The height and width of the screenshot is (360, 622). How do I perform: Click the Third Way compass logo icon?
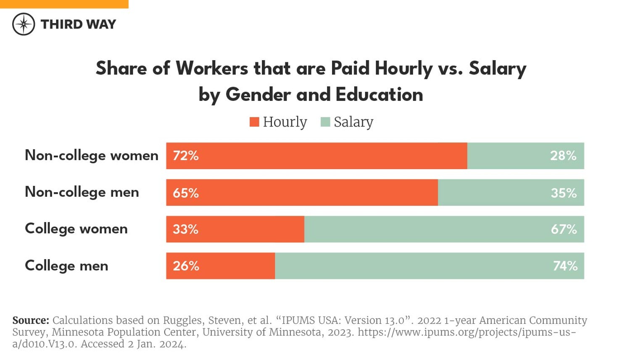(x=24, y=24)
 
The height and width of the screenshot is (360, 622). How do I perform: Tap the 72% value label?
(x=185, y=156)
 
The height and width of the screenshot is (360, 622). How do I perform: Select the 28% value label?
(x=563, y=156)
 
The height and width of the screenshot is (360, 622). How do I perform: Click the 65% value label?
(x=185, y=193)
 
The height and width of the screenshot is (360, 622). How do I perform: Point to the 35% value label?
(x=564, y=193)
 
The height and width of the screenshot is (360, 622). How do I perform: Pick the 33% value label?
(x=185, y=229)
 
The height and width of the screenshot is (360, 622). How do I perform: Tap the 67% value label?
(x=564, y=229)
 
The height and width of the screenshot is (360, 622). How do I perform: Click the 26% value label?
(x=186, y=266)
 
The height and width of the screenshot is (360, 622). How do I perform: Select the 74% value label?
(x=565, y=266)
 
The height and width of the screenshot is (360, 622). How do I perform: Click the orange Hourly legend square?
(x=254, y=122)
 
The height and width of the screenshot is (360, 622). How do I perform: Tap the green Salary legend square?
(x=325, y=122)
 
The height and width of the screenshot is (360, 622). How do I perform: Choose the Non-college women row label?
(x=92, y=156)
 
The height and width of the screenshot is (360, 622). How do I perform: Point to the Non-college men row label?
(x=82, y=192)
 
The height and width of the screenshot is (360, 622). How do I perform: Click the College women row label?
(x=76, y=229)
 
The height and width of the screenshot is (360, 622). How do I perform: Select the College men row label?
(x=66, y=266)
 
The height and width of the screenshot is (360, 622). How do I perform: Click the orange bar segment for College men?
(x=235, y=266)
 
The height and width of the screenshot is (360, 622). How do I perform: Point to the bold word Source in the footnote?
(x=31, y=320)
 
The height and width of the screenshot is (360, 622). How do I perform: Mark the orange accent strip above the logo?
(x=64, y=4)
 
